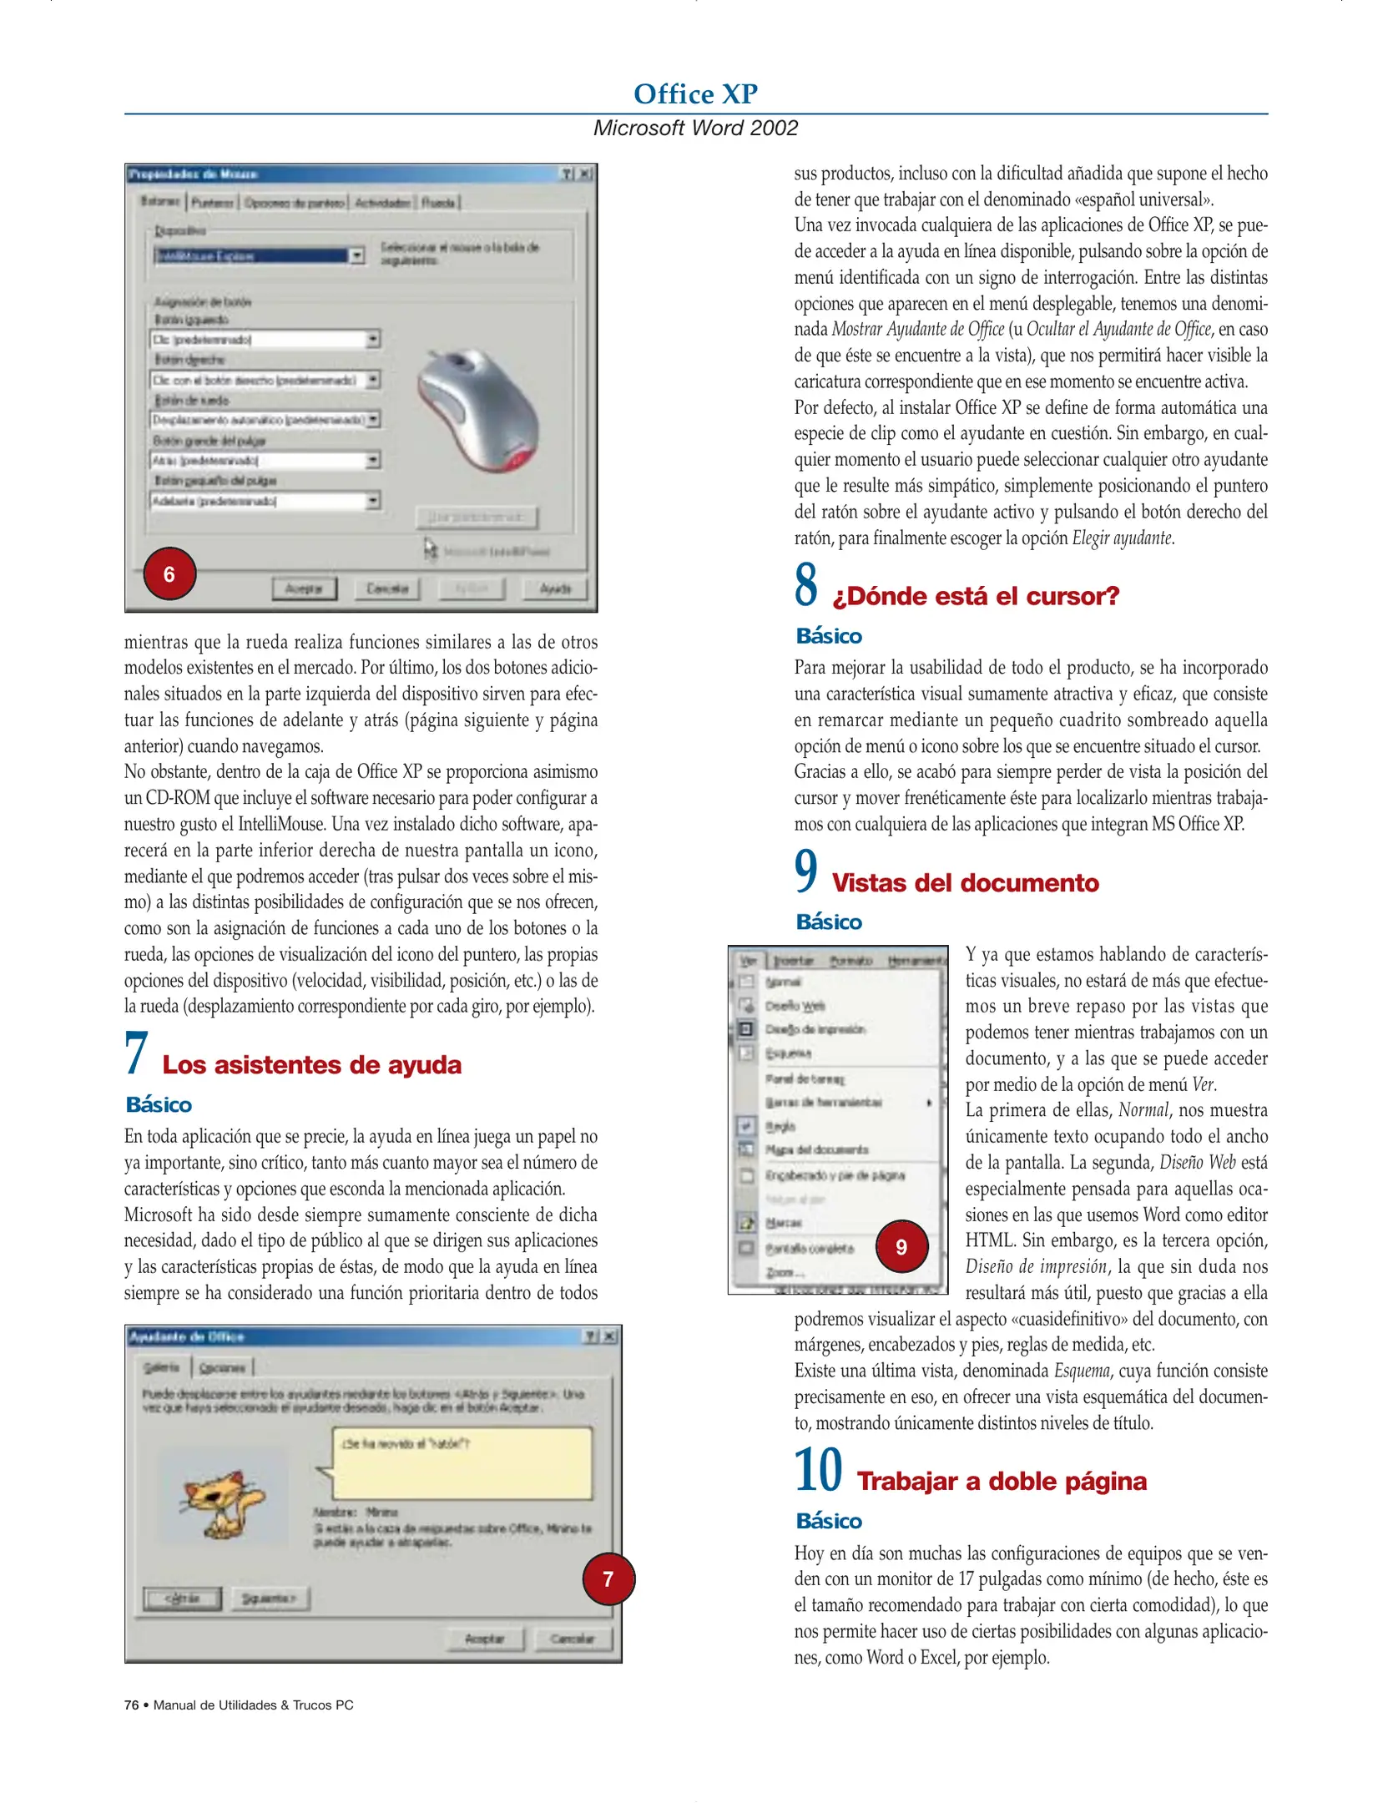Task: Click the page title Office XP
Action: pos(695,93)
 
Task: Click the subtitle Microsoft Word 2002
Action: pos(695,128)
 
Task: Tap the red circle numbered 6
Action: pos(169,574)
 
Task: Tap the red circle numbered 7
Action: pos(608,1578)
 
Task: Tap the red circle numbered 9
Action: pos(901,1246)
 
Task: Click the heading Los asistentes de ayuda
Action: pos(311,1065)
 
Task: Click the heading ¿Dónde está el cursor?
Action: pos(975,596)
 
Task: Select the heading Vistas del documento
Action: pos(965,883)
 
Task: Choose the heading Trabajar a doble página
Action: pos(1002,1481)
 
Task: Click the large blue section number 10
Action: pos(818,1471)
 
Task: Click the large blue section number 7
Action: pos(136,1053)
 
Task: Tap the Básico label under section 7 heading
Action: pos(159,1105)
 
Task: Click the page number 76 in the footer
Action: pos(132,1705)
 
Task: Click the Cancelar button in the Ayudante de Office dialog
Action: pos(573,1639)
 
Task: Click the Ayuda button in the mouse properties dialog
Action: pos(555,588)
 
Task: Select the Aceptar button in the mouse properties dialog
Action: pos(304,588)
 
